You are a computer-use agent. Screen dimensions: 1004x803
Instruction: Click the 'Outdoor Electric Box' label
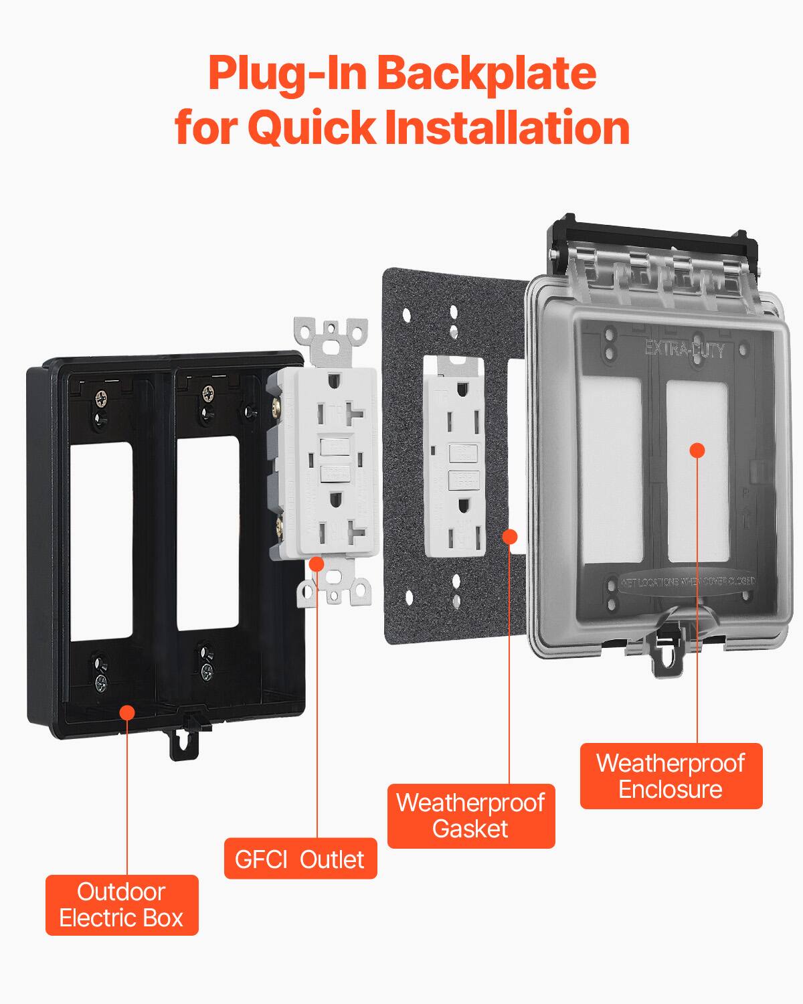click(122, 905)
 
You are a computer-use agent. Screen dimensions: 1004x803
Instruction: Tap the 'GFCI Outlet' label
click(300, 859)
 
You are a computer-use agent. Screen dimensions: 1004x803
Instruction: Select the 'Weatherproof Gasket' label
click(471, 815)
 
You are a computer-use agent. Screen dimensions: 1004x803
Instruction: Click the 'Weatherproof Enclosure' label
click(671, 776)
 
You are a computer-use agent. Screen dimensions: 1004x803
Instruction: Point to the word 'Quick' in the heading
click(313, 127)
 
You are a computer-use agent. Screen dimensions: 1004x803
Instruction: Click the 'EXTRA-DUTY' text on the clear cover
click(684, 349)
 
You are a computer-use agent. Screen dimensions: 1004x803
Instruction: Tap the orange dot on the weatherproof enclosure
click(697, 450)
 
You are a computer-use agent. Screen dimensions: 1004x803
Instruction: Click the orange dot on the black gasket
click(510, 536)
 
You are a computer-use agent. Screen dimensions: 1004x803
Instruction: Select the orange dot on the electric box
click(126, 712)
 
